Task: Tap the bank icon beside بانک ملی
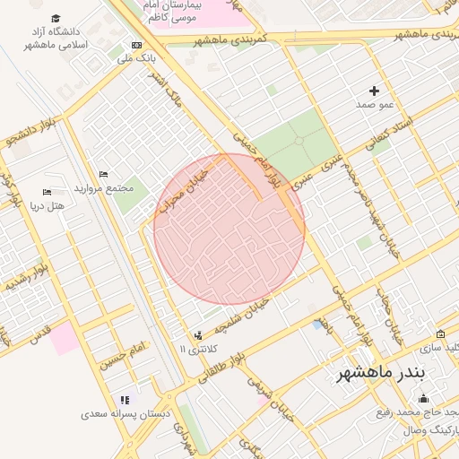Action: [136, 45]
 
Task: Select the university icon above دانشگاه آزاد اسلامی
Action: [56, 19]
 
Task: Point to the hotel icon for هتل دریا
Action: [48, 192]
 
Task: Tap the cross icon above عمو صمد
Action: [375, 91]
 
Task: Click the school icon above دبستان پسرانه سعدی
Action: [124, 400]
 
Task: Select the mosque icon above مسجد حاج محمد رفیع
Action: [423, 399]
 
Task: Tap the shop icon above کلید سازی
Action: [440, 333]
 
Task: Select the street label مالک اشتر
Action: [168, 87]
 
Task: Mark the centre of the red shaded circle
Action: [229, 229]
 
